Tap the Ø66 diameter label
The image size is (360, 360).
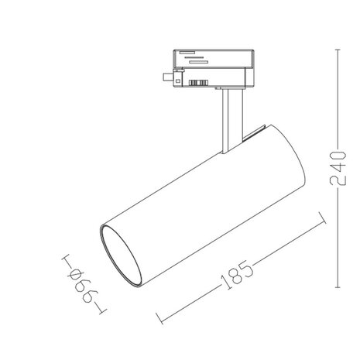[x=80, y=285]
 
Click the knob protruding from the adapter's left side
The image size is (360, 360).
[x=165, y=76]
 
